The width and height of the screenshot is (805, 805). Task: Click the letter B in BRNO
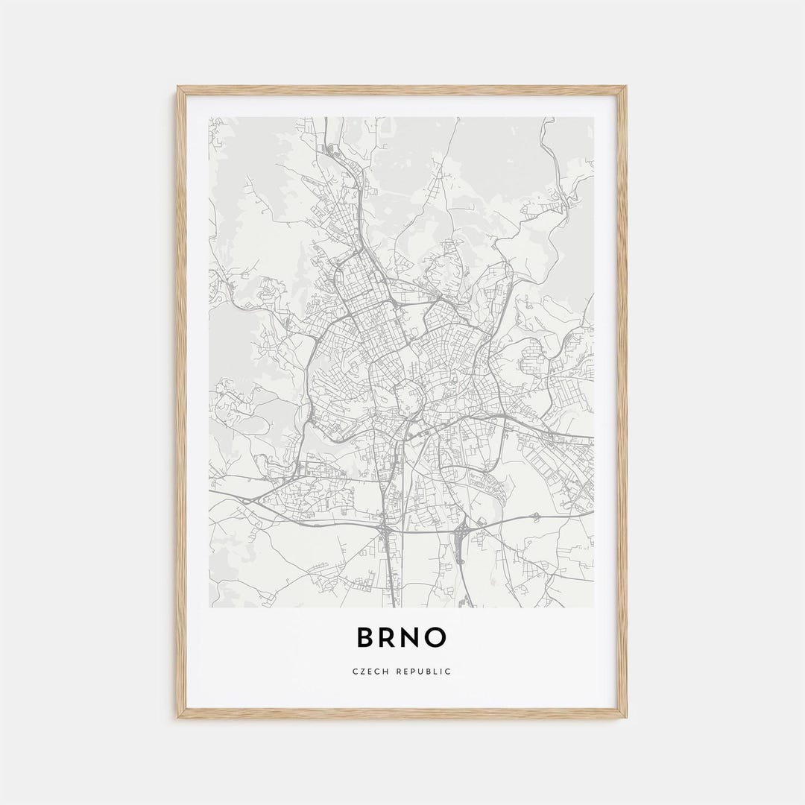pos(365,637)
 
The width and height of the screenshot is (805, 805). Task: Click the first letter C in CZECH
pos(355,672)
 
